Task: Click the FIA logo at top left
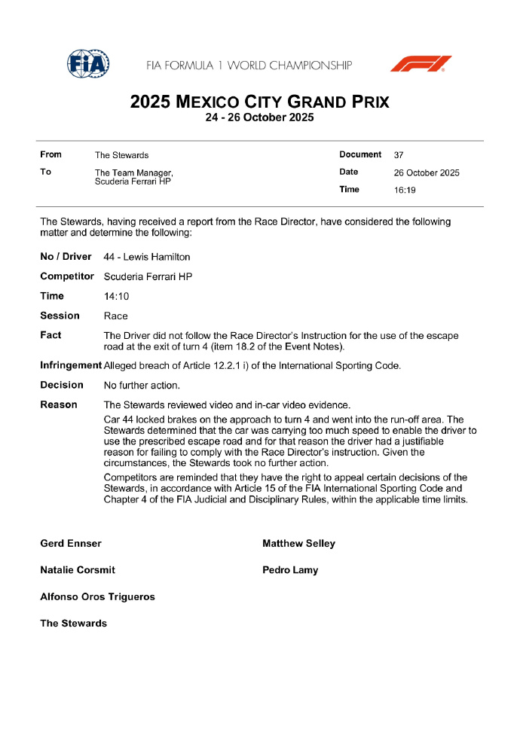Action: point(88,63)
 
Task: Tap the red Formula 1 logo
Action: point(421,63)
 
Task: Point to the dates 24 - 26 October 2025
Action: point(259,117)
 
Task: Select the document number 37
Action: point(399,155)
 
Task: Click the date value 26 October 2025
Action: point(427,172)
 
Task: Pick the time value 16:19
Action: point(405,190)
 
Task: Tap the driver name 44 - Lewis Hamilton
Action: point(147,257)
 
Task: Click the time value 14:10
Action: point(116,296)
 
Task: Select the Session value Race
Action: point(116,316)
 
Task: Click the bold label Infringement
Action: point(70,365)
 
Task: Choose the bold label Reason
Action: point(59,404)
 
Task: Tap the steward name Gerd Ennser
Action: point(71,543)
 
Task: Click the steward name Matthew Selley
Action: point(298,543)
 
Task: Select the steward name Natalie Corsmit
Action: point(78,570)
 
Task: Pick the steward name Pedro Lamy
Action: point(290,570)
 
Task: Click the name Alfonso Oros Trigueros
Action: point(97,596)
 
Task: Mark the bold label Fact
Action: point(51,335)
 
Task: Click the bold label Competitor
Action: point(67,276)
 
